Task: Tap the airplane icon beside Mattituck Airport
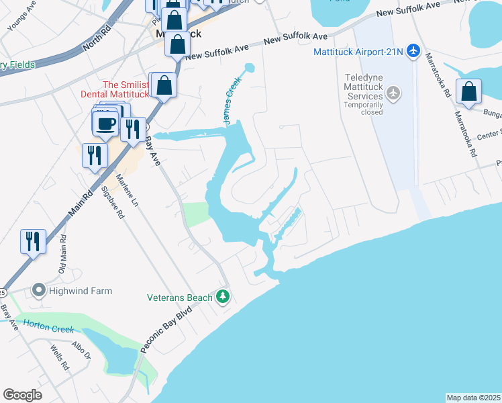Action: point(413,50)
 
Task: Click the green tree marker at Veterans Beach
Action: point(223,296)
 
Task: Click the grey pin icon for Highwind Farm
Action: point(38,291)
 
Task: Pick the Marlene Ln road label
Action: point(127,191)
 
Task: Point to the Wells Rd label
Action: point(60,357)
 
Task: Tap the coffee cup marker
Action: point(106,123)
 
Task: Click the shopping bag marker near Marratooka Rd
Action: point(468,92)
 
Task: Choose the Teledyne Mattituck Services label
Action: point(364,87)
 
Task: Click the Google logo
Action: point(23,395)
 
